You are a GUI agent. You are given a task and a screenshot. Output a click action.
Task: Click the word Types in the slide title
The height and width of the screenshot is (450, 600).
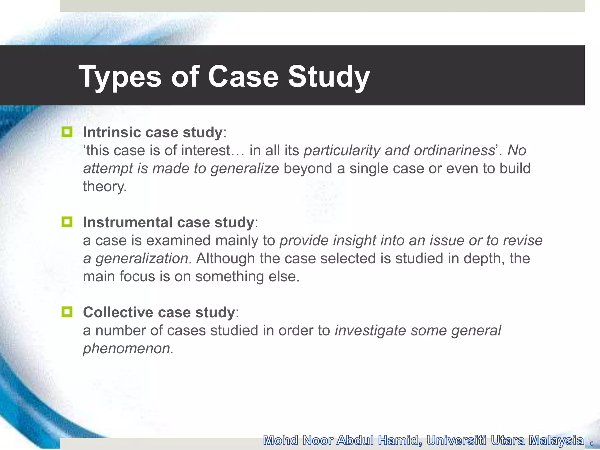120,77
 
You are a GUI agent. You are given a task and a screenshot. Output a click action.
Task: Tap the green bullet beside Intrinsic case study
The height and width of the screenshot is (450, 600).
67,132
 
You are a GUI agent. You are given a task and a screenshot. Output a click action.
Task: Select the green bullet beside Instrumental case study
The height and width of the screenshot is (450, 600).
67,222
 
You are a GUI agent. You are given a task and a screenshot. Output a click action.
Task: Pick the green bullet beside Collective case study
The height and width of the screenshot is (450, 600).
67,312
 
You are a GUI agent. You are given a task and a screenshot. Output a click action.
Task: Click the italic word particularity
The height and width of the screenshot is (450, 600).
342,151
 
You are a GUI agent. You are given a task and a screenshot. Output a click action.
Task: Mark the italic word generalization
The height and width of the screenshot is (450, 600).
142,259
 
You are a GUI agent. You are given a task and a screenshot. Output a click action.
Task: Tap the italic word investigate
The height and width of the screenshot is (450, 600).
370,330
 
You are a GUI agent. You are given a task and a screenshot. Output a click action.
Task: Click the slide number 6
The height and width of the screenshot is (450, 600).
592,443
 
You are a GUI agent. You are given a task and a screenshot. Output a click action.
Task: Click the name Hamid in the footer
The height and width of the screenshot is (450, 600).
400,440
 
